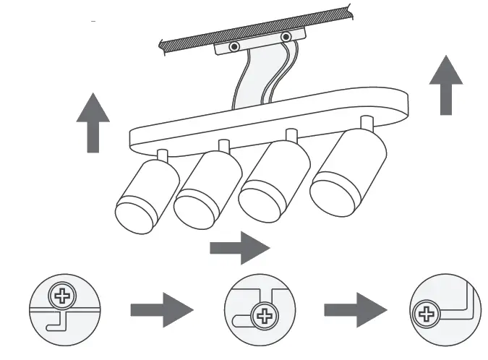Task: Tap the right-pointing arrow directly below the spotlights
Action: tap(239, 248)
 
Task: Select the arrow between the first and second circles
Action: tap(161, 310)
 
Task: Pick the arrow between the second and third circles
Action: tap(354, 310)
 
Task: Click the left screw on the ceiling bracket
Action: tap(234, 47)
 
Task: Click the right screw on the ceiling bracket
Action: tap(286, 36)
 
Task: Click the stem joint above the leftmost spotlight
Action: tap(162, 154)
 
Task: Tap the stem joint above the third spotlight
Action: tap(291, 136)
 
